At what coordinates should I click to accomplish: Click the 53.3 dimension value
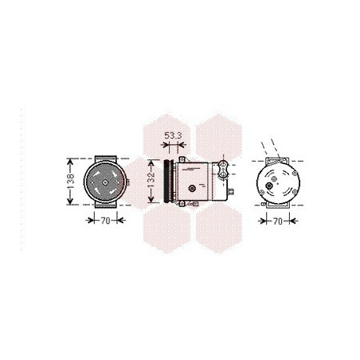tap(173, 135)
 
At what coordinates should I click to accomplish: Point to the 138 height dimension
tap(71, 182)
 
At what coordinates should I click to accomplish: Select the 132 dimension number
tap(151, 178)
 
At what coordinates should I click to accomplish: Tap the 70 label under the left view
tap(105, 221)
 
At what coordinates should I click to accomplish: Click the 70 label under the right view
tap(278, 221)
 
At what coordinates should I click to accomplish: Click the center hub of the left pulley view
tap(105, 182)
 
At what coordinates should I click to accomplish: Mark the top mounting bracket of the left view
tap(106, 158)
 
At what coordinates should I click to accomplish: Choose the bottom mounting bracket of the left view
tap(106, 205)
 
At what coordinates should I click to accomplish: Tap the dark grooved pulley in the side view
tap(168, 181)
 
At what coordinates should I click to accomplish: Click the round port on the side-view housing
tap(192, 189)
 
